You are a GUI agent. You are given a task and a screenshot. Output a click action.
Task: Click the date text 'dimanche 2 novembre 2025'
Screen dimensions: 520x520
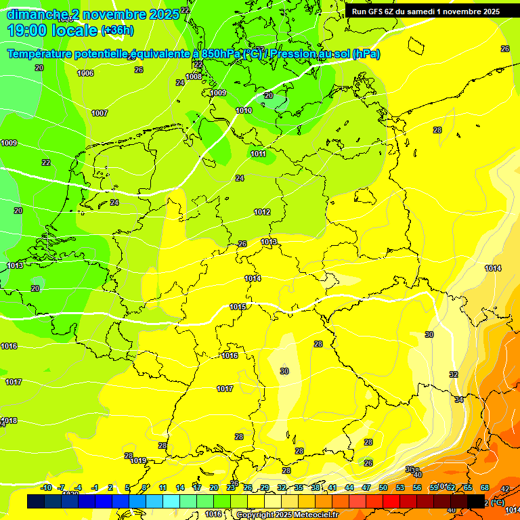click(x=93, y=14)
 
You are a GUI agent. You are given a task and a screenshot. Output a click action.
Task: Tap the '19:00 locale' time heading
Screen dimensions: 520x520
click(x=53, y=30)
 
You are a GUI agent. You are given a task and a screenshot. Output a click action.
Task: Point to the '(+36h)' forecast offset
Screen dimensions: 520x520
click(x=117, y=30)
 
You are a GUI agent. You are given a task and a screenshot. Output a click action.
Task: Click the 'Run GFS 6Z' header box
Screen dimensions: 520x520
click(x=426, y=11)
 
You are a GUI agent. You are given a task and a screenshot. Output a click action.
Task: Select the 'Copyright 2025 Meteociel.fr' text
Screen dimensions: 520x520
click(x=287, y=515)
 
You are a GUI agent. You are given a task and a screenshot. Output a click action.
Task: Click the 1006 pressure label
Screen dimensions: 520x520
click(x=85, y=73)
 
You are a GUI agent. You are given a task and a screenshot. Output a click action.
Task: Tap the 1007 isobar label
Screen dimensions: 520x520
click(x=100, y=113)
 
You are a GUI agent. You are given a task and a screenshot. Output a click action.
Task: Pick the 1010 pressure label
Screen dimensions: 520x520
click(x=244, y=110)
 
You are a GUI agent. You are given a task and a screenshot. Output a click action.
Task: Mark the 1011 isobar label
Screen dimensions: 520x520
click(x=258, y=154)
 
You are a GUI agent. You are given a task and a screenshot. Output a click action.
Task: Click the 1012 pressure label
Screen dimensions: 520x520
click(x=262, y=212)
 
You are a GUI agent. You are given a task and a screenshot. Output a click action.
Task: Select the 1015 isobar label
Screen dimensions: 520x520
click(x=238, y=307)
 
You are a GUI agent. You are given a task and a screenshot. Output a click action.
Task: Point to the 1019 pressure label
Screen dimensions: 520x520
click(x=139, y=460)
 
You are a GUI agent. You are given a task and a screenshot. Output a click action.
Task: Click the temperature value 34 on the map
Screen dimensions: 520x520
click(x=459, y=400)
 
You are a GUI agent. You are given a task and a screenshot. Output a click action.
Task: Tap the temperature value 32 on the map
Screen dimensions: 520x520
click(x=453, y=374)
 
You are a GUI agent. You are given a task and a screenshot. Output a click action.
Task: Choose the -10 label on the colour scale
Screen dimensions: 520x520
click(x=46, y=487)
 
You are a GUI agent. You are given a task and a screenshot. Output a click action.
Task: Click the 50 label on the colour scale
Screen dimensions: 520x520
click(x=383, y=487)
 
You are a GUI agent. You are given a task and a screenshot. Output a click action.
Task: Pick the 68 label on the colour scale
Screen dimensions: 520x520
click(x=485, y=487)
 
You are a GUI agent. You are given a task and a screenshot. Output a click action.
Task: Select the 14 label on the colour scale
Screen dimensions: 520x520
click(x=180, y=487)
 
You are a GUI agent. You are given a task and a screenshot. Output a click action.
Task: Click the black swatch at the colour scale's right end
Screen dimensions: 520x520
click(x=476, y=501)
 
